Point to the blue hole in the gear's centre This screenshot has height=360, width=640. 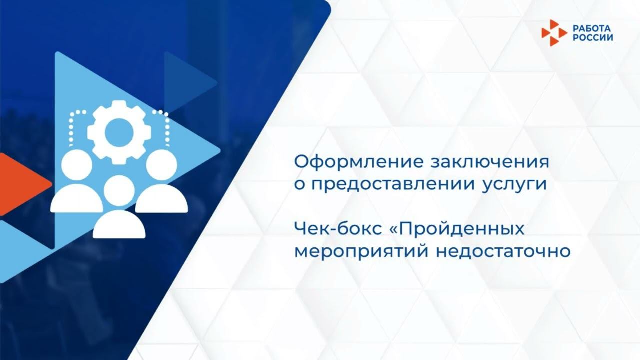[x=118, y=130]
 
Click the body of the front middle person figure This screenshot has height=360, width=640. [x=119, y=225]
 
